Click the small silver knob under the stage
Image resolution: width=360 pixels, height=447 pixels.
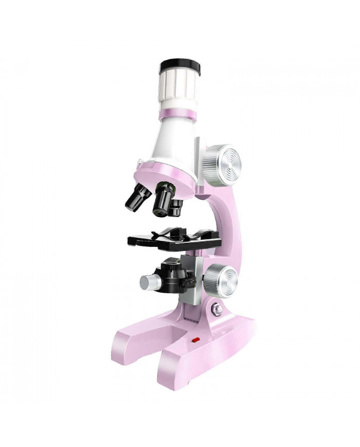[149, 281]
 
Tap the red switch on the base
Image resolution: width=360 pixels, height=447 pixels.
[195, 339]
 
